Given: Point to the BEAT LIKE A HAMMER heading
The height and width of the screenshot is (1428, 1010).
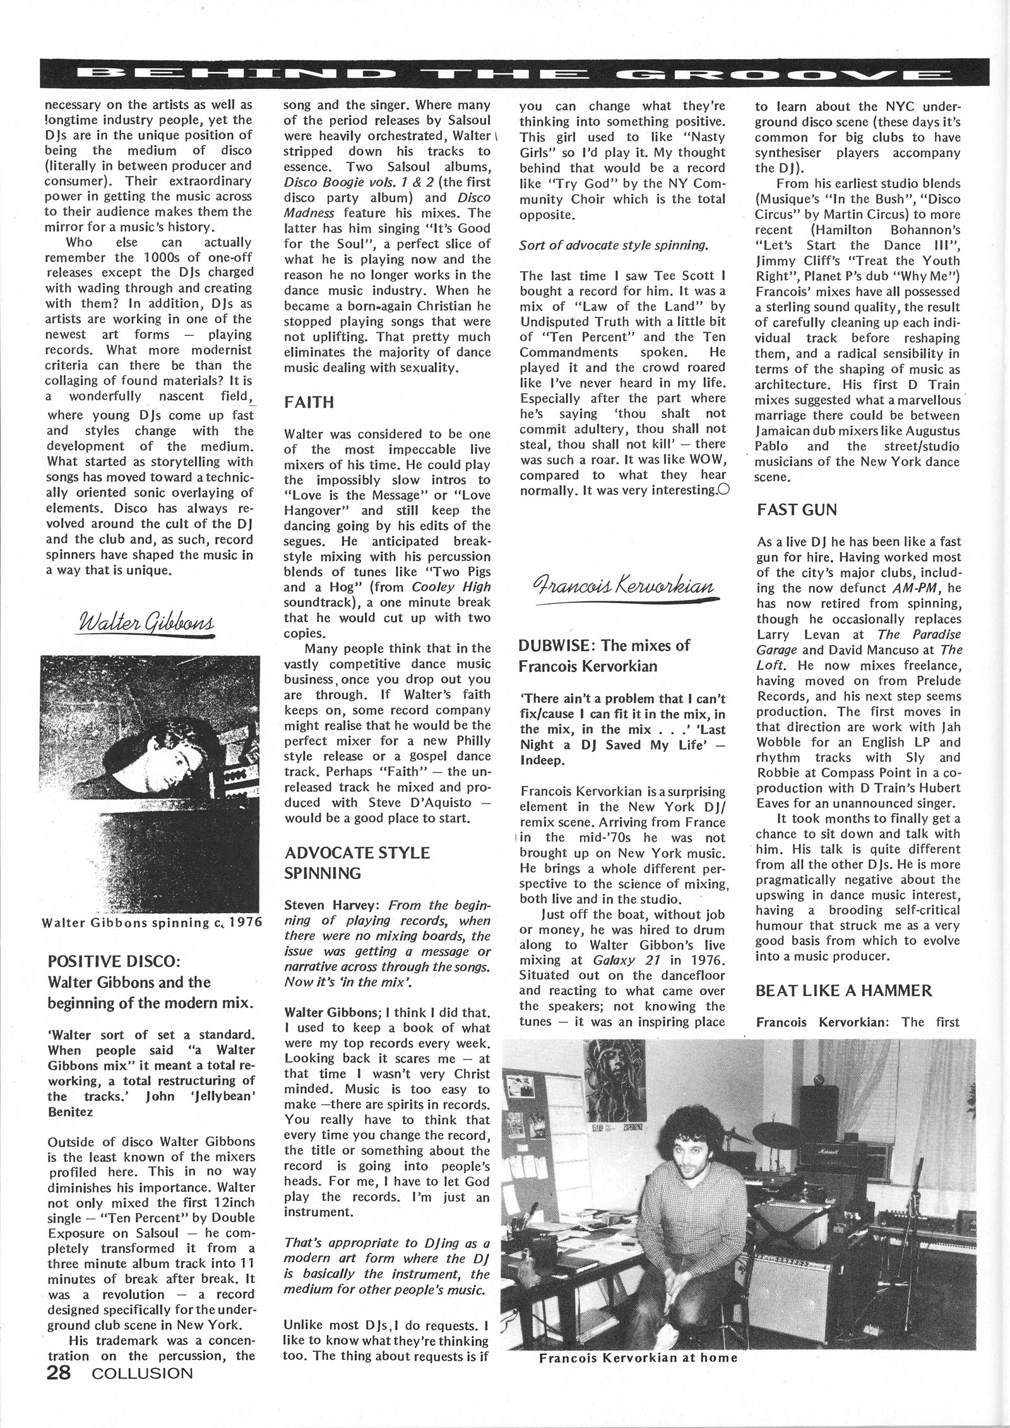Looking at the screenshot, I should pyautogui.click(x=843, y=990).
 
